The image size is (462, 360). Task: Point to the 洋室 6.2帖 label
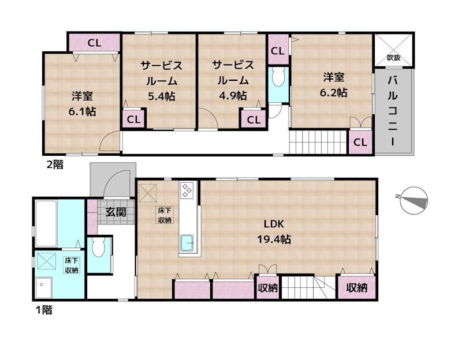(334, 84)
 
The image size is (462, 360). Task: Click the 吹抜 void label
(393, 58)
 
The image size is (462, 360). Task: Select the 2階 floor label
(55, 164)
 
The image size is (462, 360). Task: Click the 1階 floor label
(43, 310)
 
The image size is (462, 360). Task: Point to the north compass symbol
(415, 198)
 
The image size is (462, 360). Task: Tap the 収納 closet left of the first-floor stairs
(267, 288)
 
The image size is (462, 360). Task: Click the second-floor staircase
(318, 142)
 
